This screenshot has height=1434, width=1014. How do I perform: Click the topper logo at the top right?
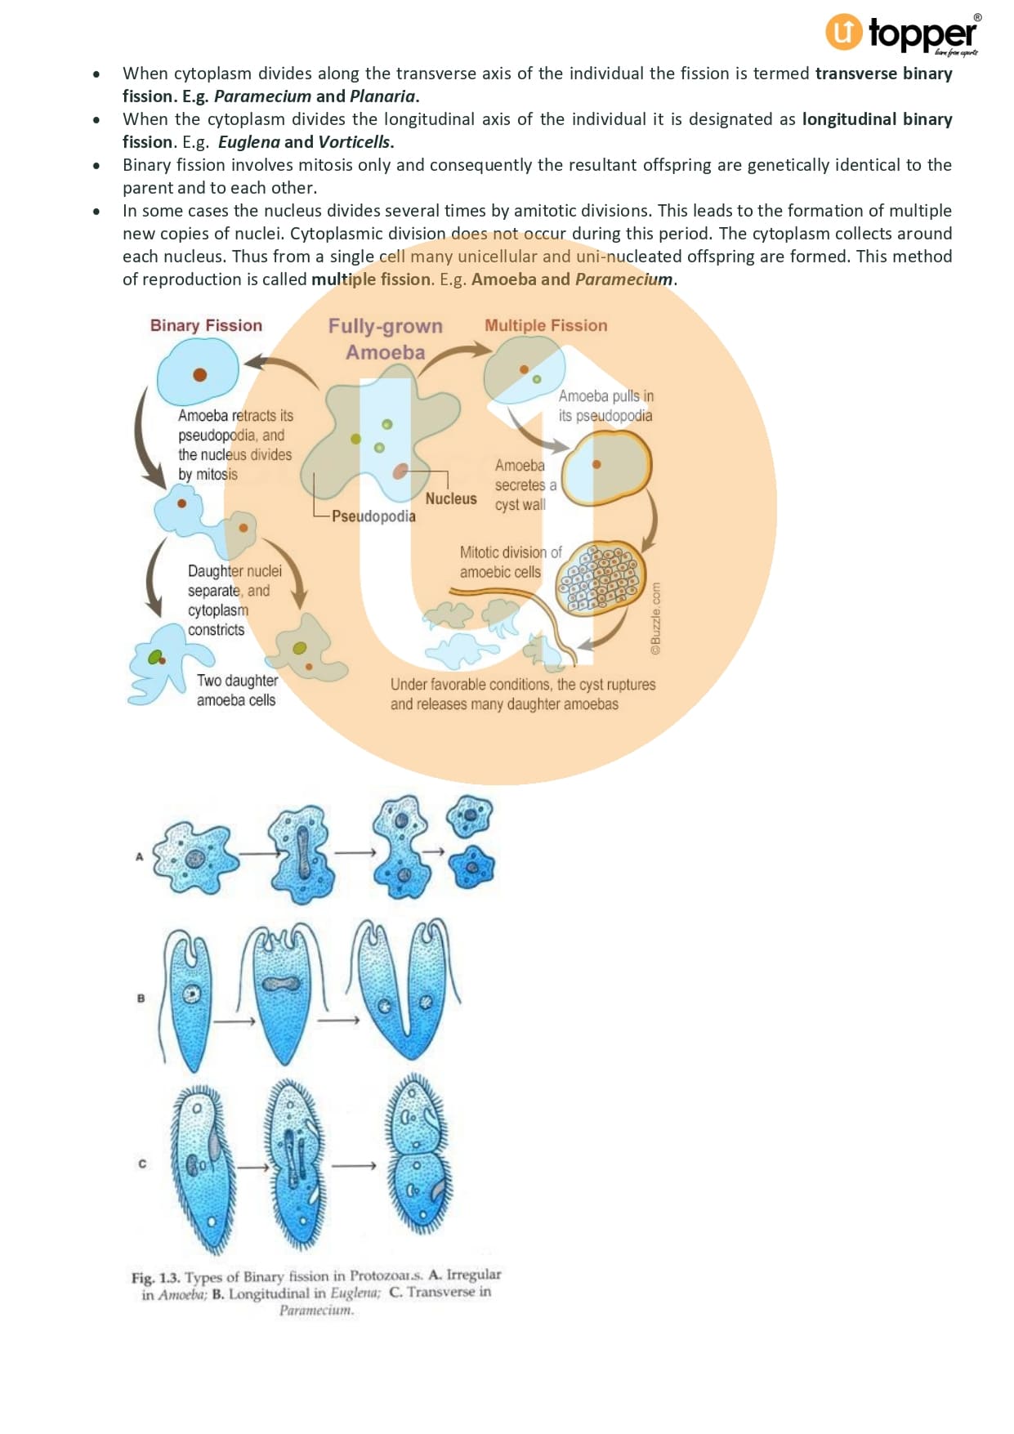coord(903,34)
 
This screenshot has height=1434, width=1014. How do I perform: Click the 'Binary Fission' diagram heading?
coord(206,325)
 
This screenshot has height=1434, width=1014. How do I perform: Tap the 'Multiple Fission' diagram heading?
coord(546,325)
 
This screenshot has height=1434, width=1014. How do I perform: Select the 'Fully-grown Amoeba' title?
coord(385,339)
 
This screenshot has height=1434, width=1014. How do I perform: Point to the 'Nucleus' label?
coord(450,498)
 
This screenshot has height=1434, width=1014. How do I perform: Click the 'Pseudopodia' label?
coord(373,516)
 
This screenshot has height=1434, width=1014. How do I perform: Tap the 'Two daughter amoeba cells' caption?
coord(237,690)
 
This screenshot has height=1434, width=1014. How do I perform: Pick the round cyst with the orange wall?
coord(606,468)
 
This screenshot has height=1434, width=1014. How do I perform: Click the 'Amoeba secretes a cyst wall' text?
coord(525,485)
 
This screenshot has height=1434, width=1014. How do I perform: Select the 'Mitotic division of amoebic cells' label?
coord(510,562)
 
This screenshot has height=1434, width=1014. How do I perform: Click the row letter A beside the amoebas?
coord(140,856)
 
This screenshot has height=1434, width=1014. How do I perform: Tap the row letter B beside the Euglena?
coord(141,998)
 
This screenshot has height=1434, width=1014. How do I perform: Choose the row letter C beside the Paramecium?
coord(142,1164)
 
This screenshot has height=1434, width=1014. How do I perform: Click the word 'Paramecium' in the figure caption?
coord(315,1311)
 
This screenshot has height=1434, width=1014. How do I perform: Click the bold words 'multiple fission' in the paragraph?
coord(370,279)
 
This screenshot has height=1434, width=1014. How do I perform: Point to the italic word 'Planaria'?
coord(382,96)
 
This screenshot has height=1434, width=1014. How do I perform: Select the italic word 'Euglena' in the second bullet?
coord(248,142)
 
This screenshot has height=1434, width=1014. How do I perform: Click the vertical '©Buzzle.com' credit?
coord(655,619)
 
